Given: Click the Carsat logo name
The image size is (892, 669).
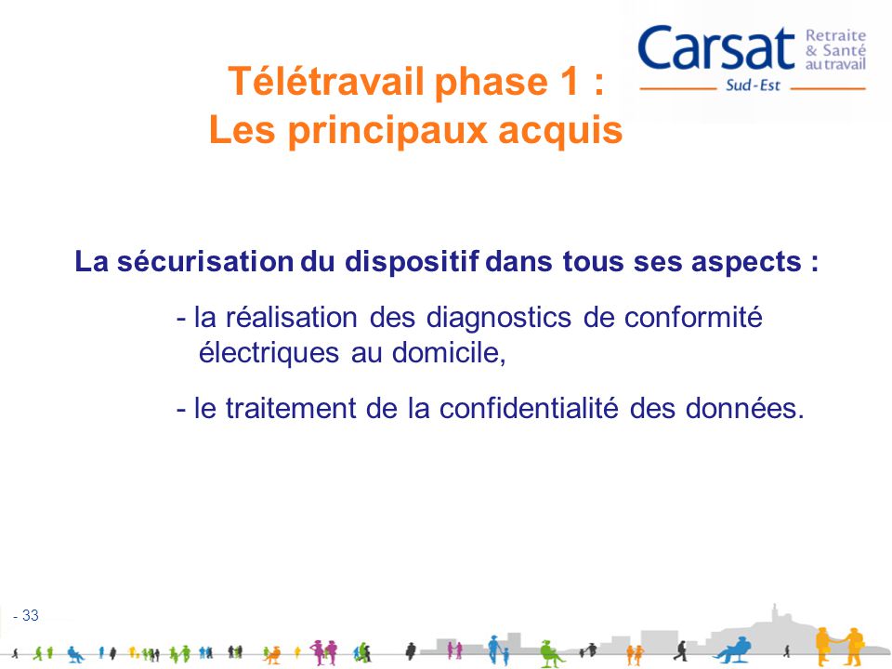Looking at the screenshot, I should point(716,48).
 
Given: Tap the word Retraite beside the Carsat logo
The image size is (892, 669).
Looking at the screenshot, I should point(835,36).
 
